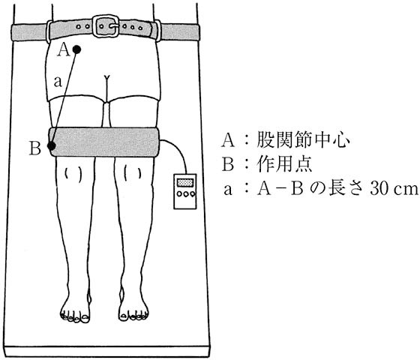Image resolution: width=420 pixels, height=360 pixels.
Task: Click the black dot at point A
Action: [76, 49]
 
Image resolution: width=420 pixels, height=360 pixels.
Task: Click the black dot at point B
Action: [52, 146]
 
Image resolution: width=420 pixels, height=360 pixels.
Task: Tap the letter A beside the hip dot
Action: [64, 50]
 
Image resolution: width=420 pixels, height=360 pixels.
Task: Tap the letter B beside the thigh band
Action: [35, 148]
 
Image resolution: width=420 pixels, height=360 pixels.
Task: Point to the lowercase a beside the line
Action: [58, 82]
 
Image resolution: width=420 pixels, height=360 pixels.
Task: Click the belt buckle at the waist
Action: [106, 26]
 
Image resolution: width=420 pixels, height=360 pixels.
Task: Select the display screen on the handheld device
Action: [184, 183]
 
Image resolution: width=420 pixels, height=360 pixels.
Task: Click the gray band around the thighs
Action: [104, 142]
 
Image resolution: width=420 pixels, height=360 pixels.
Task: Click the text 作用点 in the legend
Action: [284, 164]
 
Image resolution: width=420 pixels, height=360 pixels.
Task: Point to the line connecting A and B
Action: [64, 97]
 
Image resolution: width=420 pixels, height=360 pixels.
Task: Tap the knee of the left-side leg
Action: [73, 175]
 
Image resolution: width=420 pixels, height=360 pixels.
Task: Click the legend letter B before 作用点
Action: [228, 164]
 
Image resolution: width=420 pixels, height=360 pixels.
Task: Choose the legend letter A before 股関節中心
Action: [228, 140]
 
